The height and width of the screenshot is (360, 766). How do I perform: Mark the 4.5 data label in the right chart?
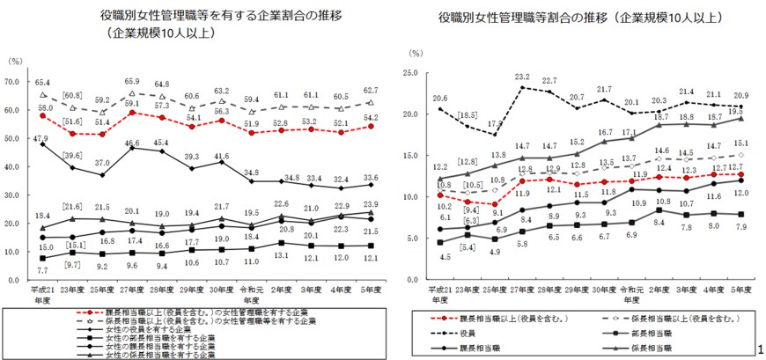click(x=446, y=257)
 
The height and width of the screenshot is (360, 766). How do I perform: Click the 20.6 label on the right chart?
click(x=440, y=99)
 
